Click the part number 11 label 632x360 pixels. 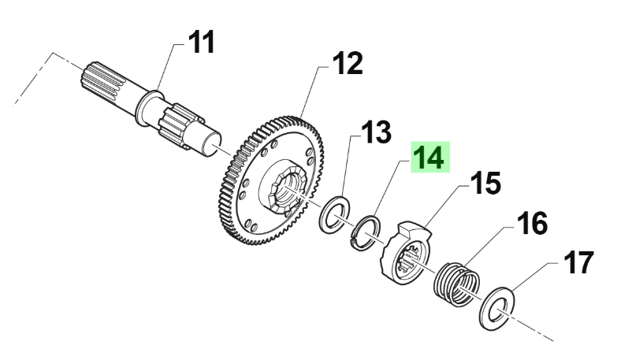pyautogui.click(x=201, y=42)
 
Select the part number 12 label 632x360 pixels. pyautogui.click(x=347, y=64)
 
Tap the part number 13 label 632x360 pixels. pyautogui.click(x=375, y=133)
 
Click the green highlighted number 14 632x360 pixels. pyautogui.click(x=430, y=158)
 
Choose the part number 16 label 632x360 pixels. pyautogui.click(x=532, y=224)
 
